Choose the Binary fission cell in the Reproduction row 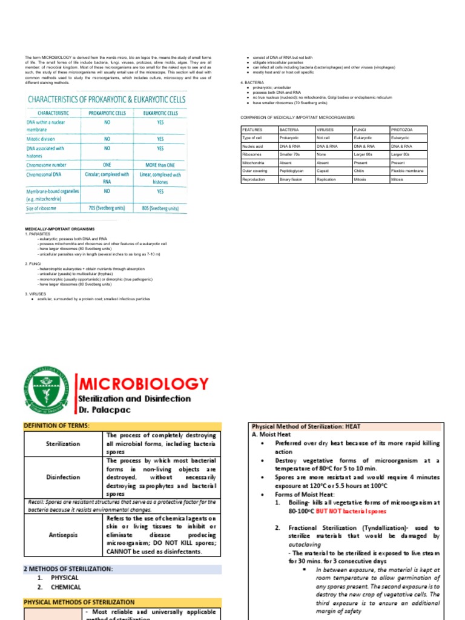(291, 180)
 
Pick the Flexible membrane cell (407, 171)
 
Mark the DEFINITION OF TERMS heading (56, 426)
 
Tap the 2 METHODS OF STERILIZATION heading (68, 569)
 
